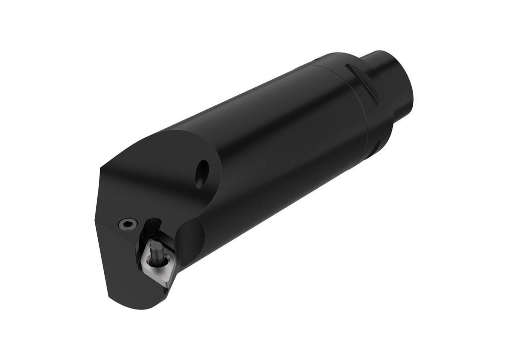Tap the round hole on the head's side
coord(201,174)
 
